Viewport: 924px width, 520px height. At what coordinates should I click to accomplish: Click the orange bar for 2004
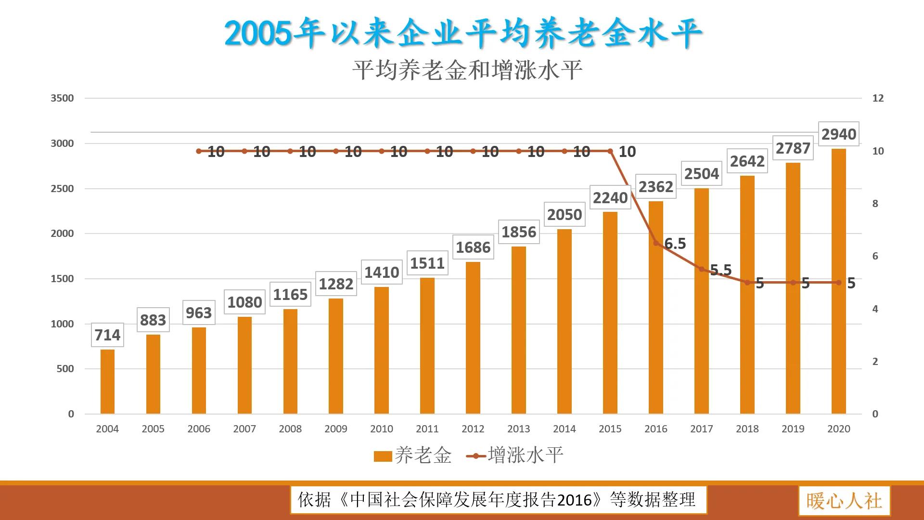107,381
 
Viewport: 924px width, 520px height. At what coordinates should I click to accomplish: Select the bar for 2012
473,338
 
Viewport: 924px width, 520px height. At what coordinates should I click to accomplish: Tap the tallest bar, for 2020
838,282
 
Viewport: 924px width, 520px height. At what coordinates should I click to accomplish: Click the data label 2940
838,134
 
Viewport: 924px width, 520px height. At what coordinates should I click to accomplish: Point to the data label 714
107,335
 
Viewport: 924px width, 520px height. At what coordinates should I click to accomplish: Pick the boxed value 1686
473,247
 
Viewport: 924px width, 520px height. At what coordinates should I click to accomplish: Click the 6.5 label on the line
675,244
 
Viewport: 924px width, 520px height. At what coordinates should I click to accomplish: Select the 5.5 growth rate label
720,270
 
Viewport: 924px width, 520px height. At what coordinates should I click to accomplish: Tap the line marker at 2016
655,243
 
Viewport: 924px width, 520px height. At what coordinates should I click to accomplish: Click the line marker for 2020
838,283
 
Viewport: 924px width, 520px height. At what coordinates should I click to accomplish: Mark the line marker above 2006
199,151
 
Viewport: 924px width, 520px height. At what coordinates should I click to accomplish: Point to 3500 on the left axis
62,98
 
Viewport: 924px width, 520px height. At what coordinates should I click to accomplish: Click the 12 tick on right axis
878,98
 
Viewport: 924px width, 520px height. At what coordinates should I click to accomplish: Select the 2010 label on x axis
381,429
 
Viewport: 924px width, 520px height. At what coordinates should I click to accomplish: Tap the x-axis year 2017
701,429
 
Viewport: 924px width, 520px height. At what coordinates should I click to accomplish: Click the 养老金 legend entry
413,455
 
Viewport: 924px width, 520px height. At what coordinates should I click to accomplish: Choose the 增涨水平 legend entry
515,455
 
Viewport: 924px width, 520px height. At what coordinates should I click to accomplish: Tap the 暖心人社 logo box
844,501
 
